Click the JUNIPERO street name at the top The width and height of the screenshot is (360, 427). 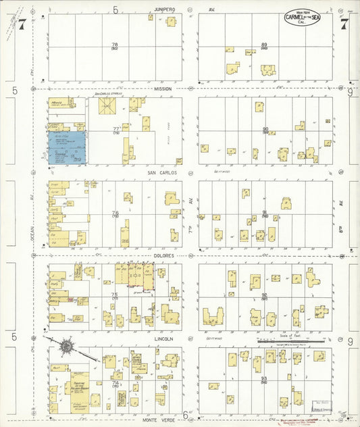tap(164, 9)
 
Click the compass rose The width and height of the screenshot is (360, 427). tap(67, 347)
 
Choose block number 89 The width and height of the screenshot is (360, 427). tap(265, 45)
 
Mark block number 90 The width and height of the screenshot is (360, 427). tap(265, 129)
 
